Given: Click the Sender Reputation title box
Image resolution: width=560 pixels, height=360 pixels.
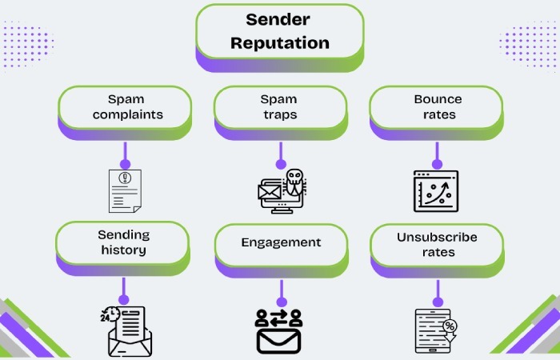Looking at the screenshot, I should point(279,32).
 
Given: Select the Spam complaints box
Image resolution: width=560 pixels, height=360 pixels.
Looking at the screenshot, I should point(124,107).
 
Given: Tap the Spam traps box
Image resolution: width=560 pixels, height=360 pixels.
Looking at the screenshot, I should point(279,107).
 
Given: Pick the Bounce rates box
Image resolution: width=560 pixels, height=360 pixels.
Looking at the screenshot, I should point(437,107).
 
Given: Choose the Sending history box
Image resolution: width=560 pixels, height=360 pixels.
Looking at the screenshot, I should point(122,242).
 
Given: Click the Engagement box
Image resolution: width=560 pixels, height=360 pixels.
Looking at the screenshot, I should point(280,242).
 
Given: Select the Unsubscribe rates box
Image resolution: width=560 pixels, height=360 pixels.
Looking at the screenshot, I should point(437,244).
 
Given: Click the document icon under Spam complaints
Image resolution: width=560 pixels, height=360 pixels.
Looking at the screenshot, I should point(124,190).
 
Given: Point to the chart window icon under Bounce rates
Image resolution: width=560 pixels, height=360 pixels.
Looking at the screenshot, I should point(436,190).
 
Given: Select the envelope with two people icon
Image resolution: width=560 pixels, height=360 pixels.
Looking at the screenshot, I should point(279,330).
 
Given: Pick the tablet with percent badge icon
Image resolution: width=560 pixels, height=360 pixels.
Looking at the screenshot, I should point(436,330).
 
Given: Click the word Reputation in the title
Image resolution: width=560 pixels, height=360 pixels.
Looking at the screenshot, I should point(279,42).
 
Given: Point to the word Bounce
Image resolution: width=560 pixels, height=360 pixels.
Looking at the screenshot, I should point(438,99).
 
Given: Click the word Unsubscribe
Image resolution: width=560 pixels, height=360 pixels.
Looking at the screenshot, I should point(437,237).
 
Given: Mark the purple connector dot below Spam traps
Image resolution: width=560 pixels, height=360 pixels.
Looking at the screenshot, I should point(280,165).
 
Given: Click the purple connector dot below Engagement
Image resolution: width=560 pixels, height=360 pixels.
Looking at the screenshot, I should point(280,302).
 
